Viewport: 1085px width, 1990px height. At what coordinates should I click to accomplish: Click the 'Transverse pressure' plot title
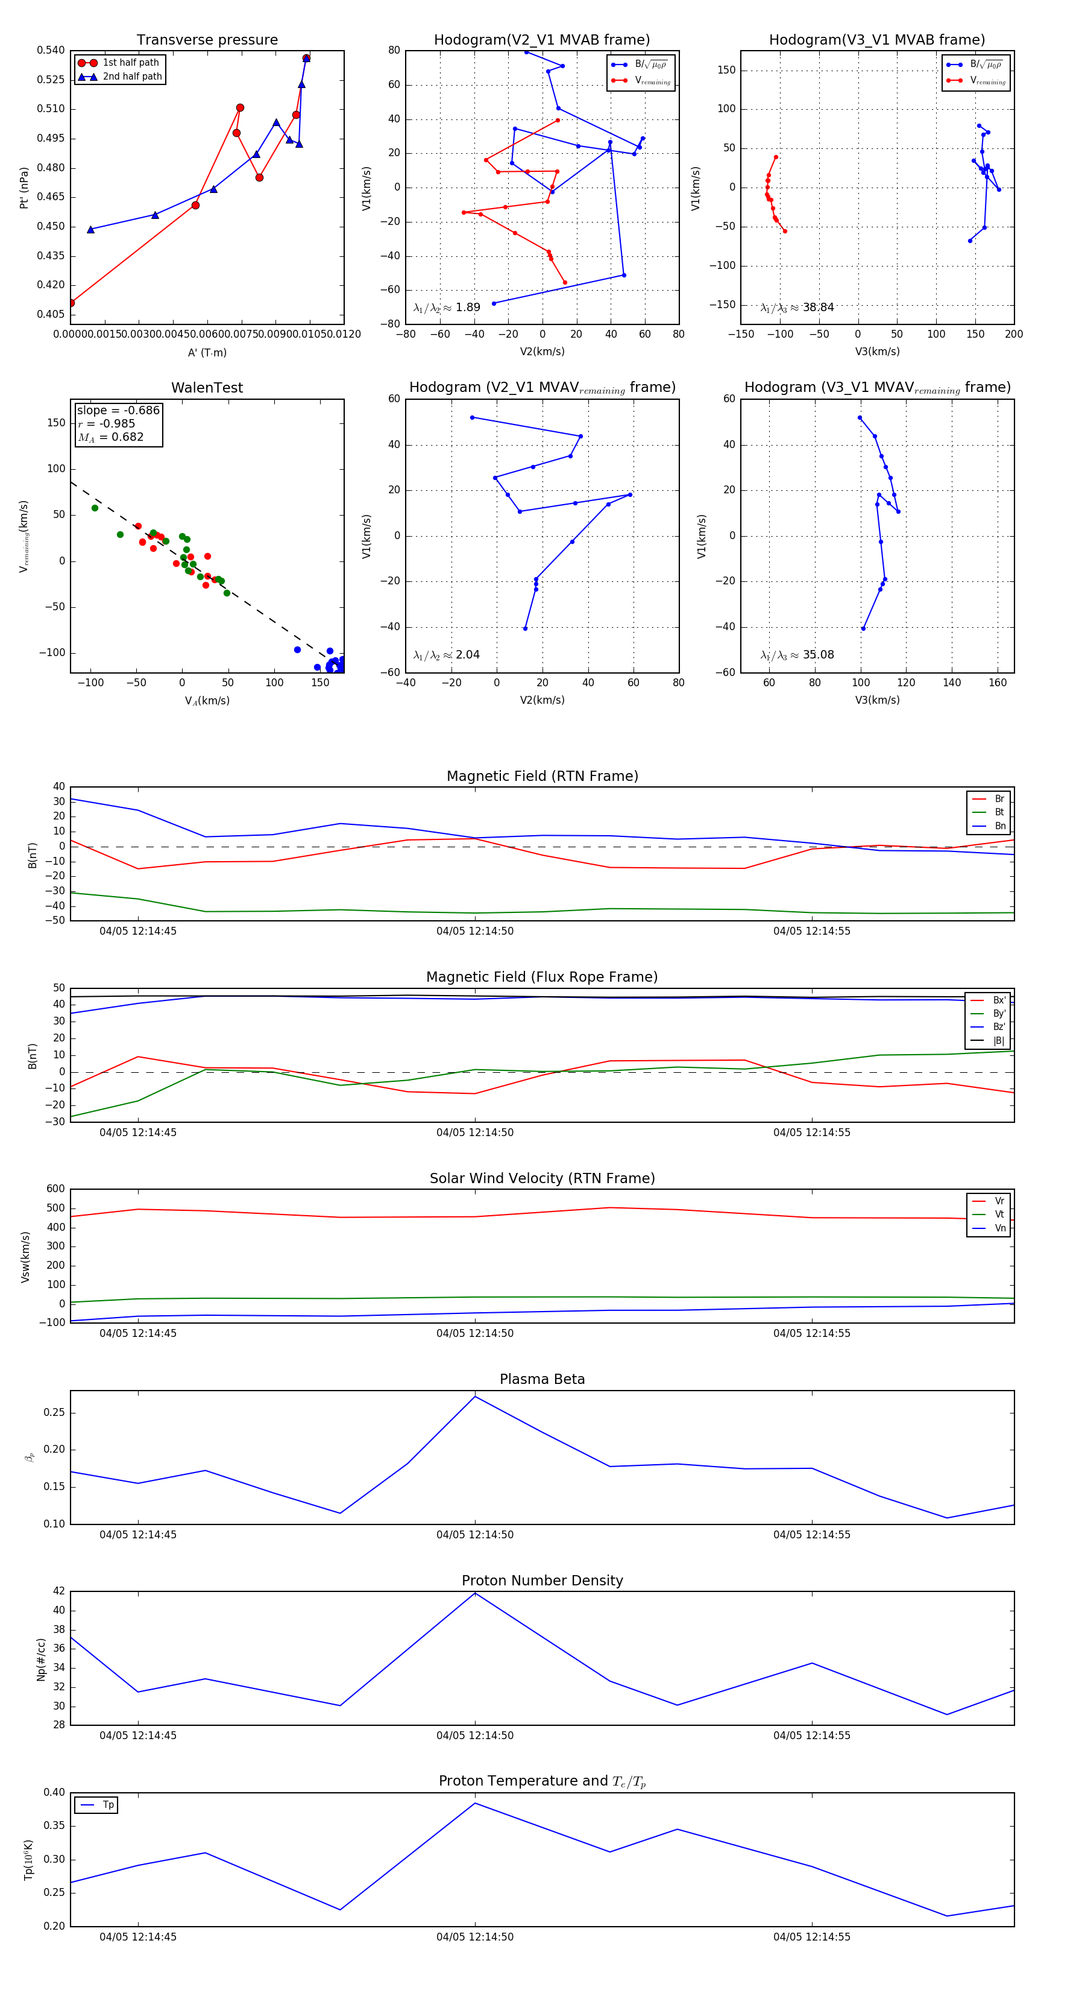coord(207,40)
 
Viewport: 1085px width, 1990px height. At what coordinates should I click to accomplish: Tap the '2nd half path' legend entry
coord(132,77)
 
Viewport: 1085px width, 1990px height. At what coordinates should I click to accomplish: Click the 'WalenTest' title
coord(207,388)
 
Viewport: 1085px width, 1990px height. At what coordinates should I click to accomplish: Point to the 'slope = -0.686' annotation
coord(118,410)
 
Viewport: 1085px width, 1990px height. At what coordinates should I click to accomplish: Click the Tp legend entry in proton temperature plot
coord(108,1805)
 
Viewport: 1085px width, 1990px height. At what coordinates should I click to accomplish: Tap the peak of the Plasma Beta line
coord(475,1397)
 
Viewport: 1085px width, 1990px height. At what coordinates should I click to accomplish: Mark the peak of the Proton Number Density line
coord(475,1594)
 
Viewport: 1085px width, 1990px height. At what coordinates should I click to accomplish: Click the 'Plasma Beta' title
coord(542,1380)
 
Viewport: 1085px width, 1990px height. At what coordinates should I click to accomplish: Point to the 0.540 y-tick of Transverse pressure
coord(51,50)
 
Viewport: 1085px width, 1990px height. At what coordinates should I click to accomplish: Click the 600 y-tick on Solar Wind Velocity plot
coord(55,1189)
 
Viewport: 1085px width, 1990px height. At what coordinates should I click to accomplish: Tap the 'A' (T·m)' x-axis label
coord(207,352)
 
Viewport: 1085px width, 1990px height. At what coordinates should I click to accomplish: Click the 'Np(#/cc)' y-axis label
coord(41,1660)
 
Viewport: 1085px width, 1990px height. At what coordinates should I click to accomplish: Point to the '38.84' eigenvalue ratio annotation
coord(818,308)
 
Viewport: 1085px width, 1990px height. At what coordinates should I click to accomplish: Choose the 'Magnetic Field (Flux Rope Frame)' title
coord(542,978)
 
